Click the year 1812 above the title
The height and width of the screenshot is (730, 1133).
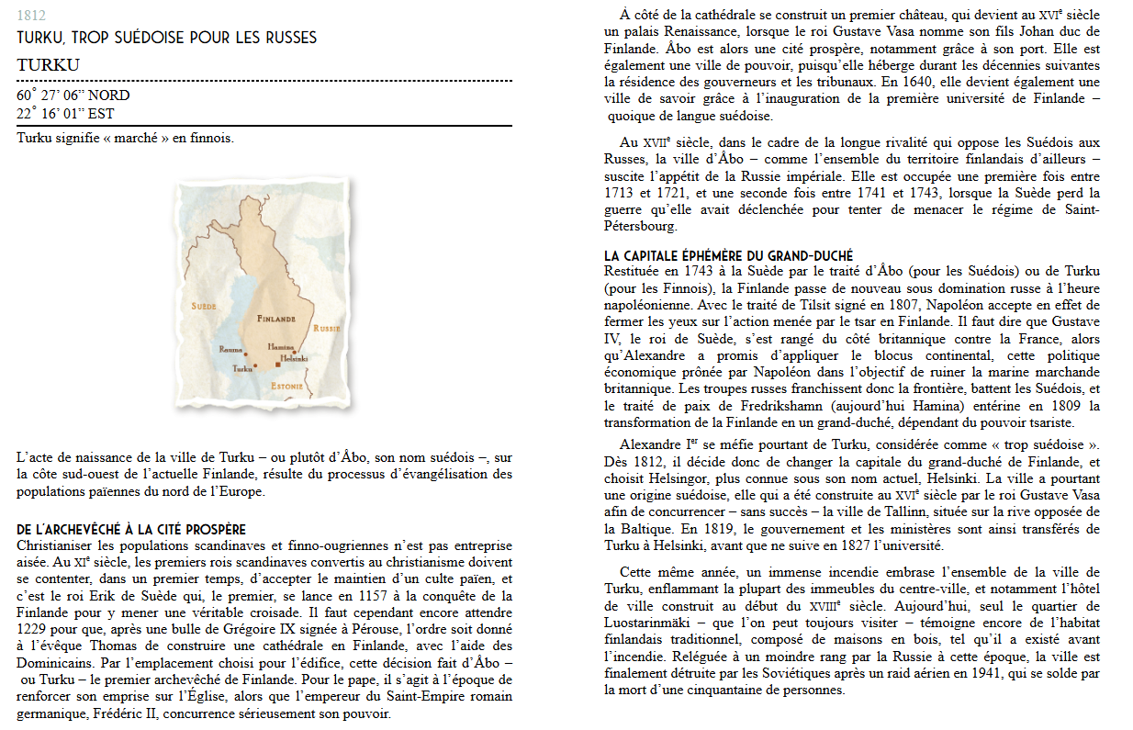click(x=31, y=16)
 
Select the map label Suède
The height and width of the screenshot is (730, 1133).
click(x=203, y=305)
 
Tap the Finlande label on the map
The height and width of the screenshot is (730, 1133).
click(x=276, y=319)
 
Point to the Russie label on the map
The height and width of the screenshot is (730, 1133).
click(x=326, y=328)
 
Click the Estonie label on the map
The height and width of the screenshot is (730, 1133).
click(x=286, y=387)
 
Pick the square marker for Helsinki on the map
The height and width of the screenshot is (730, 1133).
click(x=278, y=365)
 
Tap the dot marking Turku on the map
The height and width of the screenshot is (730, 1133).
click(x=255, y=365)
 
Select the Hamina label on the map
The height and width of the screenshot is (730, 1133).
click(x=280, y=346)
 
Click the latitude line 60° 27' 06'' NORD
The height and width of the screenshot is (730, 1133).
click(x=73, y=95)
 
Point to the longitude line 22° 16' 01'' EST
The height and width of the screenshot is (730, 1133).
click(x=66, y=115)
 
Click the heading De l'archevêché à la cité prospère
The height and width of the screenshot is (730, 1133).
click(x=131, y=530)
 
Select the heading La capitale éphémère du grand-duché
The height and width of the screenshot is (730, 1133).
click(x=728, y=256)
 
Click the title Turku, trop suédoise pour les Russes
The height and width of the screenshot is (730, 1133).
click(x=166, y=38)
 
